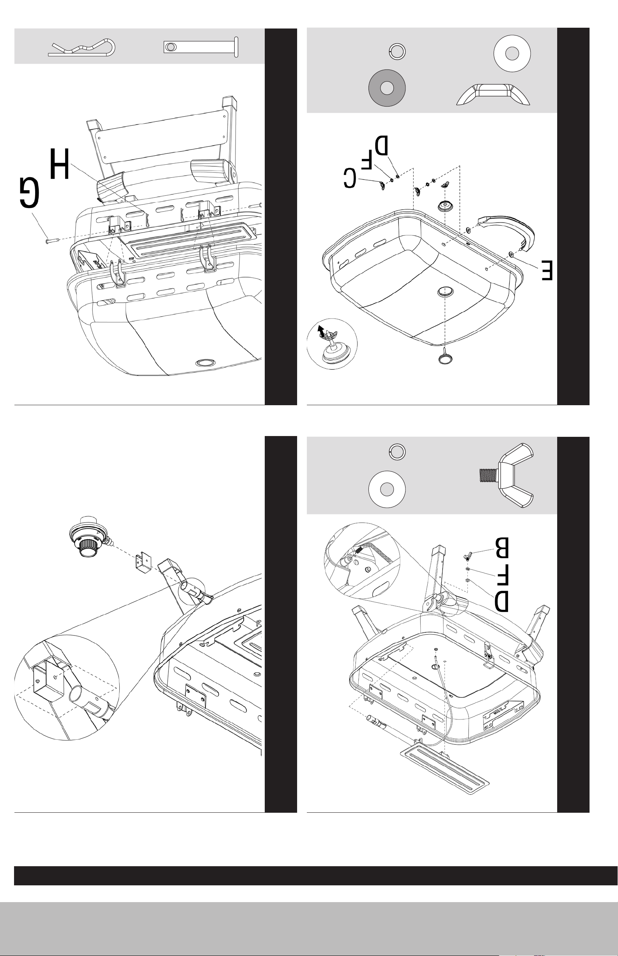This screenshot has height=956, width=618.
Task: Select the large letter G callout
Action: (30, 194)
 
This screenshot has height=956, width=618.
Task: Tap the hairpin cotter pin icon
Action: (82, 48)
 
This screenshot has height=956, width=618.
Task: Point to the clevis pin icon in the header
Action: (201, 47)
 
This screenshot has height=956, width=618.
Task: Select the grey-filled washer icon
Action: (387, 88)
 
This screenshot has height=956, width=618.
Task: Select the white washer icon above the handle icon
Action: (512, 53)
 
